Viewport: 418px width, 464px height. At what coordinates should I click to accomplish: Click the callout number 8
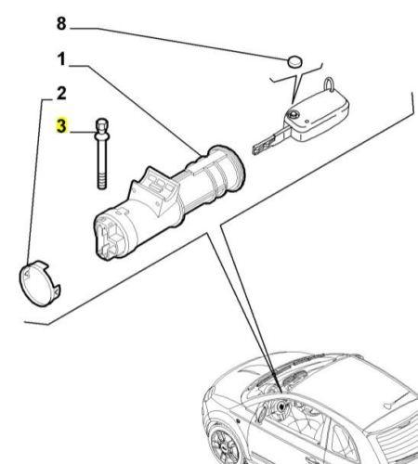tap(61, 23)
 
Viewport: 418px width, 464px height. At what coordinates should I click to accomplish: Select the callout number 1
tap(61, 58)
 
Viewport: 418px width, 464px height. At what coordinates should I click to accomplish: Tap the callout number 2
tap(61, 93)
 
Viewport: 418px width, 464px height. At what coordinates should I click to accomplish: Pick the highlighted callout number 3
tap(61, 125)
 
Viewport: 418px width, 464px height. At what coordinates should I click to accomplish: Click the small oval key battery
tap(294, 62)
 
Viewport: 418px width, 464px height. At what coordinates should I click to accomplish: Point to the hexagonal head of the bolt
tap(102, 124)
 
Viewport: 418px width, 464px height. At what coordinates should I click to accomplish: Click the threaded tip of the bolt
tap(102, 182)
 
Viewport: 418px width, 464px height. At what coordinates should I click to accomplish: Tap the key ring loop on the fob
tap(329, 84)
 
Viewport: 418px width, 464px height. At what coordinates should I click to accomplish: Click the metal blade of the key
tap(269, 142)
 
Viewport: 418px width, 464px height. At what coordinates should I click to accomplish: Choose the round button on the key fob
tap(292, 115)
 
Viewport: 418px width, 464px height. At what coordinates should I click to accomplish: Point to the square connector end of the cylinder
tap(110, 238)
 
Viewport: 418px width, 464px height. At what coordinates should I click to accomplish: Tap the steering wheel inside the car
tap(281, 407)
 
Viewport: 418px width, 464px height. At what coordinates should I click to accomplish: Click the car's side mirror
tap(262, 414)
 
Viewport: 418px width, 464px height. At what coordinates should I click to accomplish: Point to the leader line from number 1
tap(136, 110)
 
